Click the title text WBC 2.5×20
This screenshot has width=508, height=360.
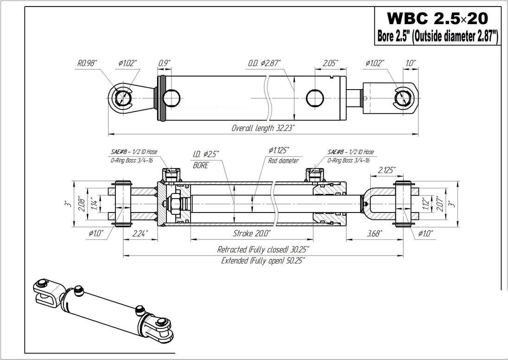[x=437, y=19]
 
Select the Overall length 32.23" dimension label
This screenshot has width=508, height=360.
[x=263, y=128]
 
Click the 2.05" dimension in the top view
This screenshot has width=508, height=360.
[x=330, y=62]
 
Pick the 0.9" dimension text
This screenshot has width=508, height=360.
[x=164, y=62]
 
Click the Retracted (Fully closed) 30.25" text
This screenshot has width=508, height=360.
[x=263, y=250]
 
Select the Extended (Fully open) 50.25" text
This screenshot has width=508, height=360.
[x=263, y=261]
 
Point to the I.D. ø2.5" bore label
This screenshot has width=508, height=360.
[x=206, y=154]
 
